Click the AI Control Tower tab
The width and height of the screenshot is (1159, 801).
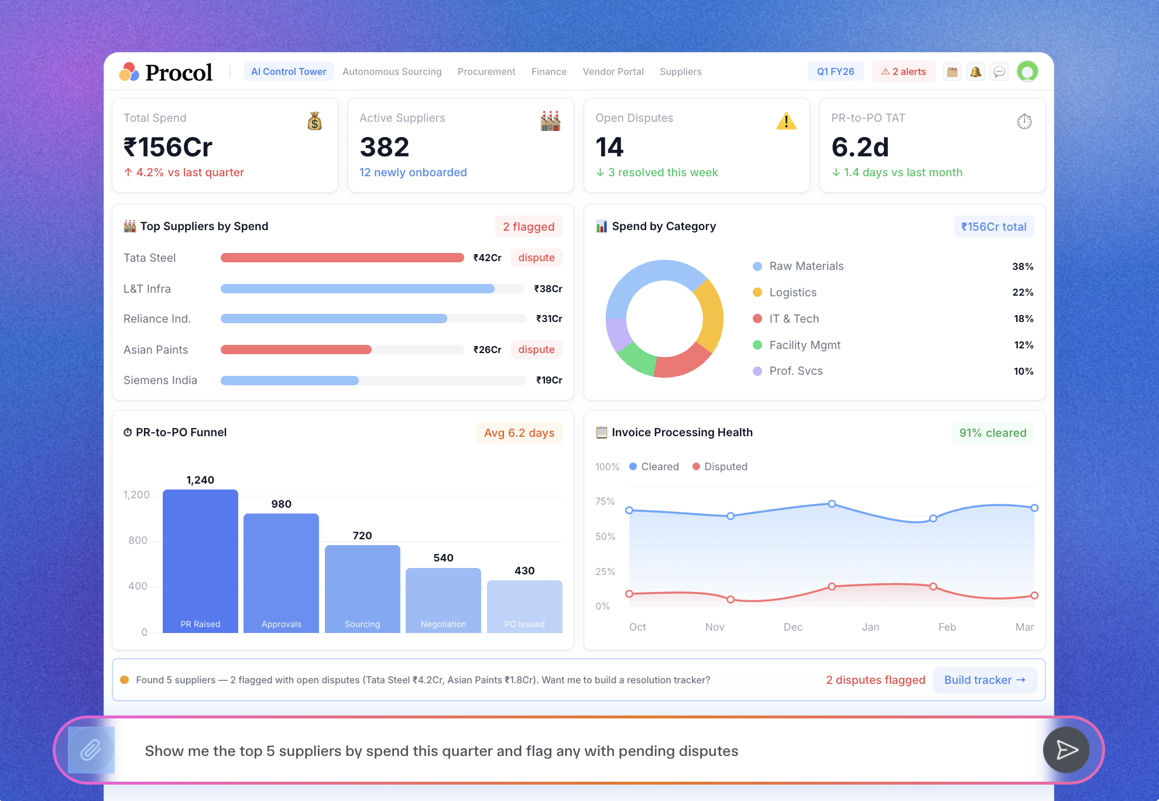(x=289, y=71)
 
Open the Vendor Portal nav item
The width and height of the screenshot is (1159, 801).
(x=613, y=71)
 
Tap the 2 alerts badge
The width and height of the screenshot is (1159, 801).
(x=904, y=71)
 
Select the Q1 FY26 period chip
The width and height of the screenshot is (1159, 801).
(x=835, y=71)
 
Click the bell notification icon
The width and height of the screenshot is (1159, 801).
(x=976, y=71)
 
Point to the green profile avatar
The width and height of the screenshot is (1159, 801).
(x=1027, y=71)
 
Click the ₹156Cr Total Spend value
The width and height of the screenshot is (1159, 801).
(x=168, y=147)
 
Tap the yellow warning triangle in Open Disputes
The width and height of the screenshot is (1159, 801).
(x=786, y=121)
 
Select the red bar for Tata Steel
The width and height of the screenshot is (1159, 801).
(x=342, y=258)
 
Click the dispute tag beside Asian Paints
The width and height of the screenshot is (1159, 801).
(x=536, y=350)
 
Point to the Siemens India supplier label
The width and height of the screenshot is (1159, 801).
(x=160, y=380)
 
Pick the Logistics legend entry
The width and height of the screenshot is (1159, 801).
(x=793, y=292)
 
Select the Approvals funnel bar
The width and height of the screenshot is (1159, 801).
(x=281, y=573)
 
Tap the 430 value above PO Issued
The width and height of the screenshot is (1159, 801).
(x=524, y=571)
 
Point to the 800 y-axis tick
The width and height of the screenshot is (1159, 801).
(x=138, y=540)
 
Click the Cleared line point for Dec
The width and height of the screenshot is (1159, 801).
(x=832, y=504)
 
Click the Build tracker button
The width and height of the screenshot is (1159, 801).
(x=985, y=680)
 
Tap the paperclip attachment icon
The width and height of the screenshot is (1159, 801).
(x=91, y=750)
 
